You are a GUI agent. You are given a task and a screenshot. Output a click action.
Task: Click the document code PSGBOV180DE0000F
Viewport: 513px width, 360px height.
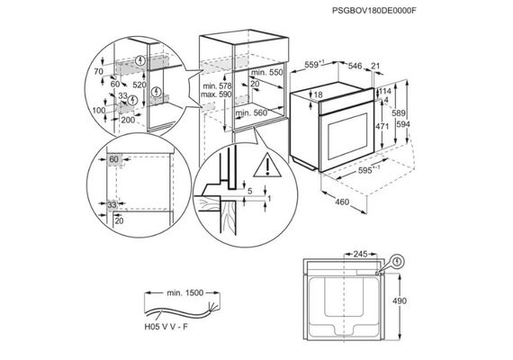[374, 11]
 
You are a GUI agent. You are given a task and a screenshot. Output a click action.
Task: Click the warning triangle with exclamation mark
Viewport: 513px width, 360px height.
[267, 166]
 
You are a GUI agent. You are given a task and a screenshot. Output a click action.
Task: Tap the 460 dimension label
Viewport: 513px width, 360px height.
[342, 202]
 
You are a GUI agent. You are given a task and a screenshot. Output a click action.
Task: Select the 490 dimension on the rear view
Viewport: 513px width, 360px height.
[399, 301]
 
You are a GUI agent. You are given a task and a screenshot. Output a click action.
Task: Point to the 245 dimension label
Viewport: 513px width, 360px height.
[361, 254]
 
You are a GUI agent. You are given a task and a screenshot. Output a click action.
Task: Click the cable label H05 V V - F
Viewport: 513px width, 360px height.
[166, 327]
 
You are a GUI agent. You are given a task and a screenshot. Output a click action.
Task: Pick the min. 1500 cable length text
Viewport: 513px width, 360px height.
[185, 292]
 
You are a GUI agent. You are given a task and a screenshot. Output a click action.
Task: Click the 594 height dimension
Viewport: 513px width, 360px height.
[402, 124]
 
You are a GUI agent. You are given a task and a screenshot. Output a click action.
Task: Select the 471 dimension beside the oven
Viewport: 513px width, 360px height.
[382, 125]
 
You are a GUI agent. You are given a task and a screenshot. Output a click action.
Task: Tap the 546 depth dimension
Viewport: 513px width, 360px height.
[355, 66]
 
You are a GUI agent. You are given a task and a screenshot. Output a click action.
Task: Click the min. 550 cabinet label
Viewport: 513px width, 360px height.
[267, 72]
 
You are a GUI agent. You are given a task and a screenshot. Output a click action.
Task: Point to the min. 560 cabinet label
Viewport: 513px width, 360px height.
[251, 113]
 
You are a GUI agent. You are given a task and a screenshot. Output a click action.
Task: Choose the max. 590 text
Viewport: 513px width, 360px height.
[216, 94]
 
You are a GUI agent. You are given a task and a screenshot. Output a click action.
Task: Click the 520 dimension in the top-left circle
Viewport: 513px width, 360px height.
[139, 85]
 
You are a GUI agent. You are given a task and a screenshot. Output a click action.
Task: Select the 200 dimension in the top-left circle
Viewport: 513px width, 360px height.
[128, 120]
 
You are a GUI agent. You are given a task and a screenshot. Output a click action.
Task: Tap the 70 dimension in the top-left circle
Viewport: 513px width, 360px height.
[98, 71]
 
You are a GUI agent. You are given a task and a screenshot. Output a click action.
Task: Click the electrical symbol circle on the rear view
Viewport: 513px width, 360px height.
[398, 261]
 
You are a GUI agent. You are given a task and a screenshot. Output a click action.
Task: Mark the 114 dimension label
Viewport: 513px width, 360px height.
[385, 91]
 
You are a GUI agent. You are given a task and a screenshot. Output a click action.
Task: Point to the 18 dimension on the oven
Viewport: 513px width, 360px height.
[318, 95]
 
